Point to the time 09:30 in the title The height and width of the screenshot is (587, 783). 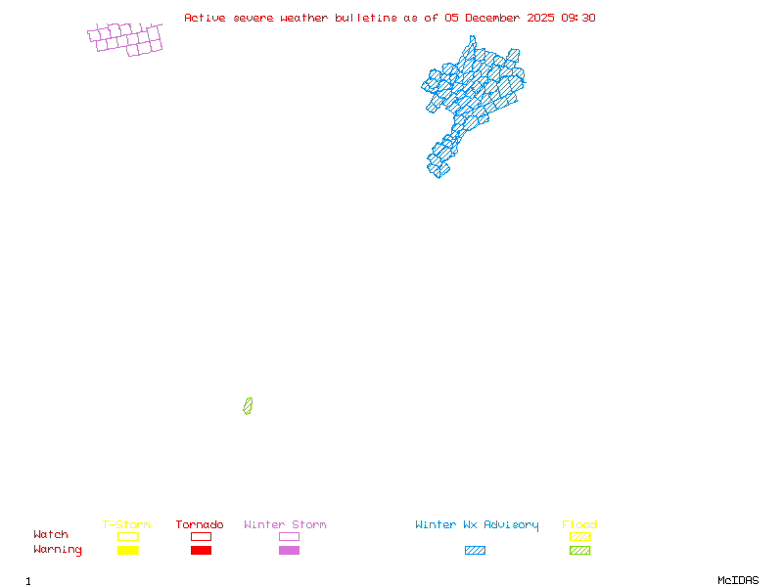click(578, 18)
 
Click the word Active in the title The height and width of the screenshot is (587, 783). click(206, 18)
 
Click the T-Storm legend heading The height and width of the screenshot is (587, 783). click(126, 525)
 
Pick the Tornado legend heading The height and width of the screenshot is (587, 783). click(200, 525)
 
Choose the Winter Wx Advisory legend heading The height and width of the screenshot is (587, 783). click(477, 525)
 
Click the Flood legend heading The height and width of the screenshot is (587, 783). click(579, 525)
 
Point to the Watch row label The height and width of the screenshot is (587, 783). click(51, 535)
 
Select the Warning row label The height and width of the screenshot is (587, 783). click(58, 550)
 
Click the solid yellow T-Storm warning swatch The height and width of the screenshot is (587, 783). click(127, 550)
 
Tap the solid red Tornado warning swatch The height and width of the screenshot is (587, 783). click(201, 550)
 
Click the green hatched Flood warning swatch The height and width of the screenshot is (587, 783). click(579, 550)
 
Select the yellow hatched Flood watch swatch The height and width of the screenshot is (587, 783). click(579, 536)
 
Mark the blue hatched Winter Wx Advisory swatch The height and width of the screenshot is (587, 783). click(475, 550)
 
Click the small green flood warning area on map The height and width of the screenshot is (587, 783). click(248, 405)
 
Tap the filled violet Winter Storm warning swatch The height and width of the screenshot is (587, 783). click(289, 550)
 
